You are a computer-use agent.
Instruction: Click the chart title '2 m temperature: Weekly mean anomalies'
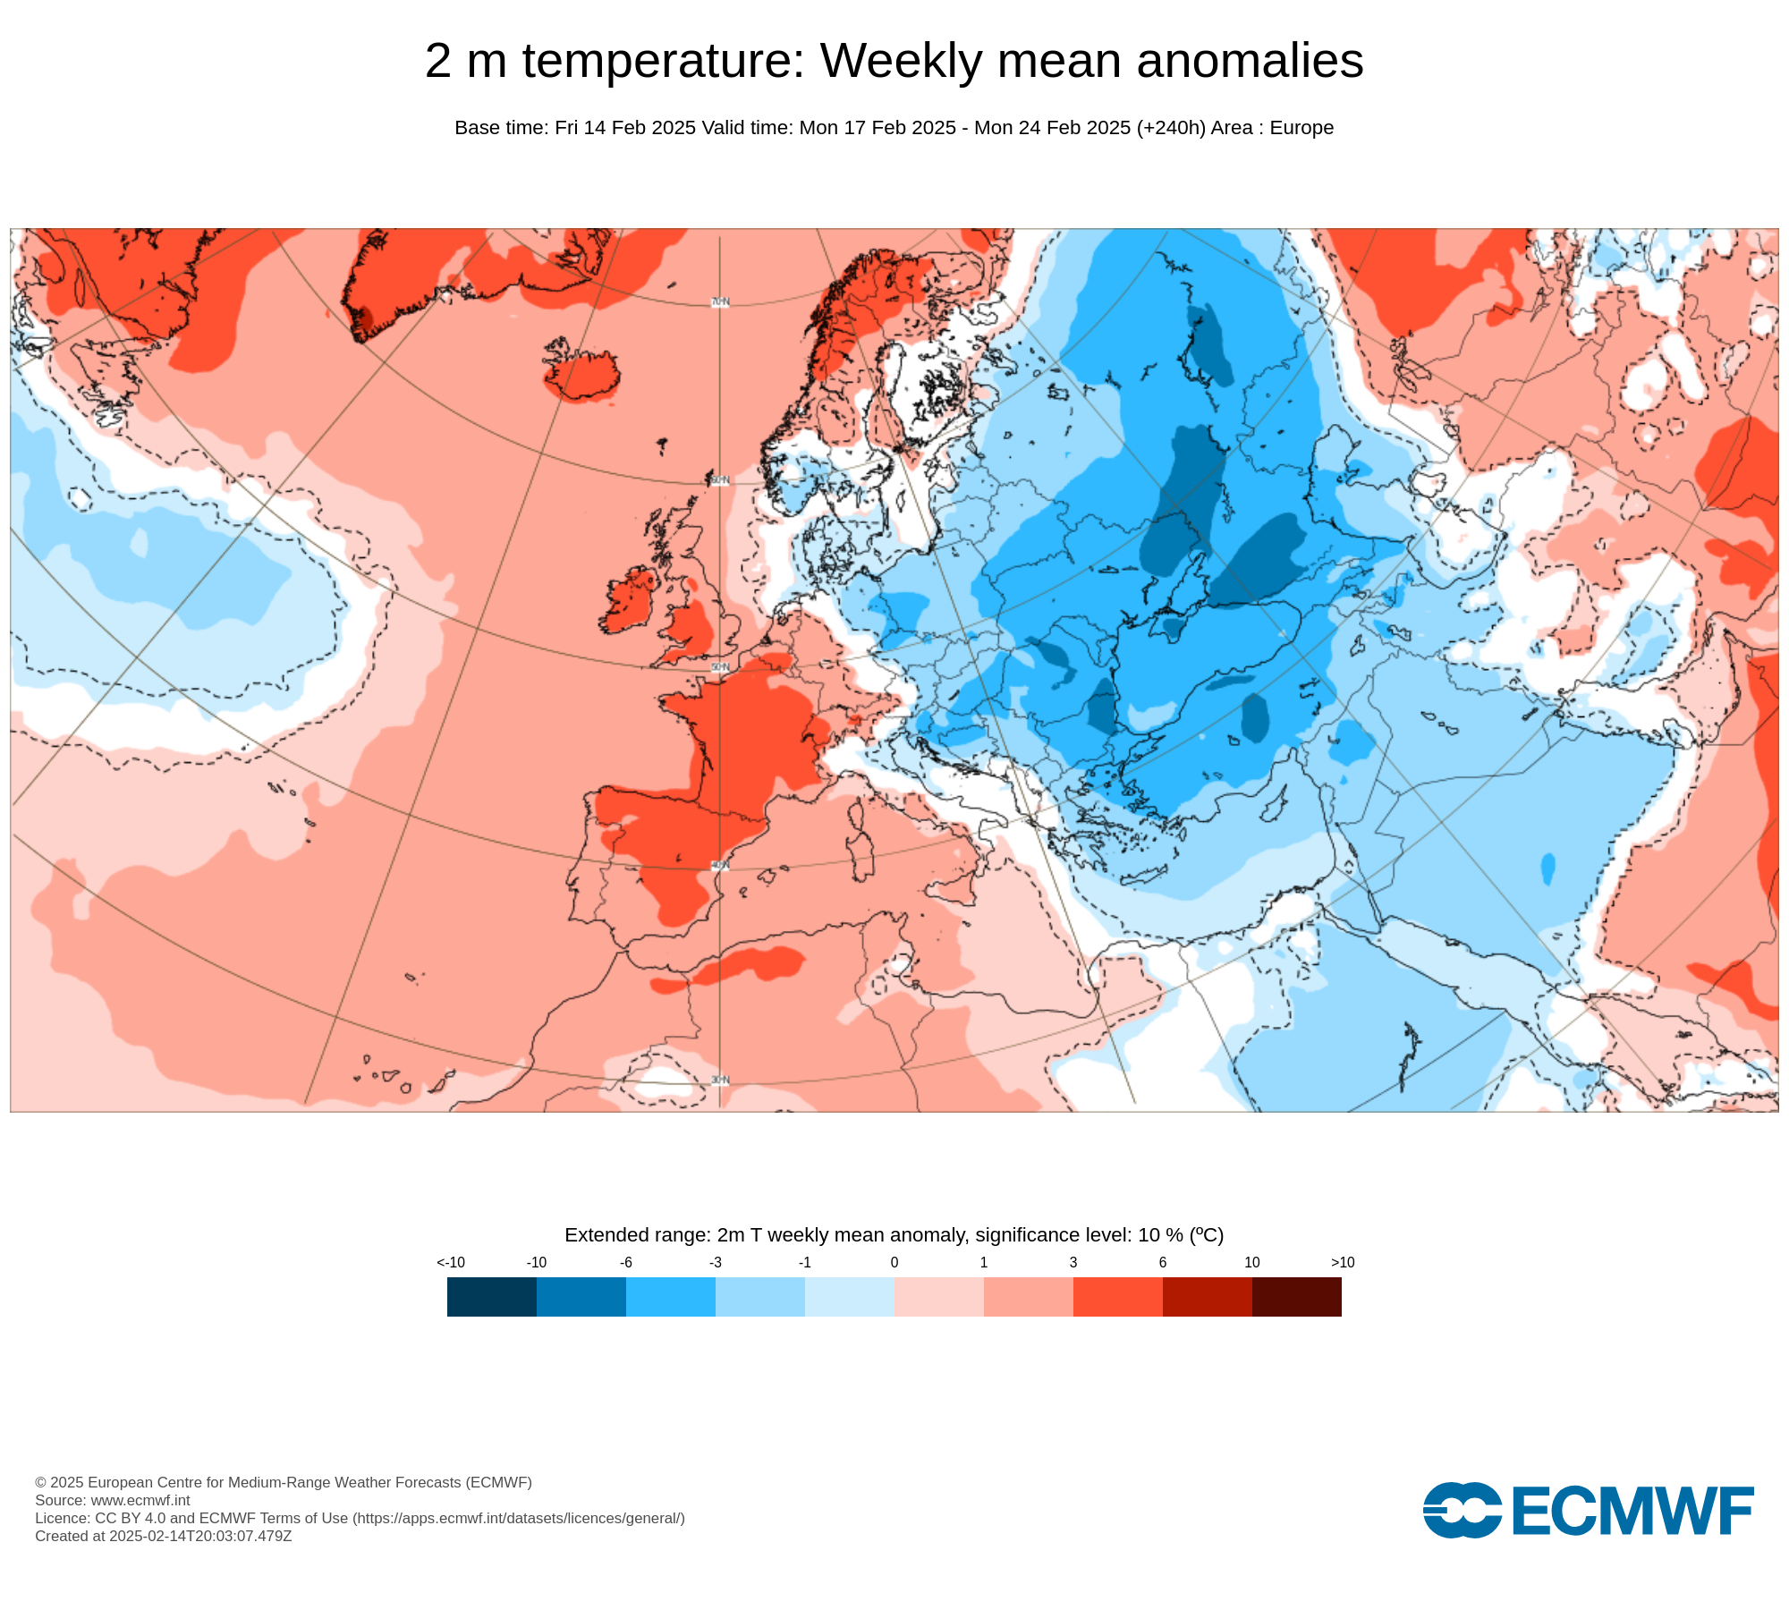(x=894, y=61)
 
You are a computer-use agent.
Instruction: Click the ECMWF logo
(x=1589, y=1511)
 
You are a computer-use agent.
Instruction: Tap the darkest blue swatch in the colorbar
(x=491, y=1297)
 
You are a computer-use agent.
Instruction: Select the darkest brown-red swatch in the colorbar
(x=1296, y=1297)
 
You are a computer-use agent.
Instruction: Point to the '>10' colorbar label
(x=1342, y=1262)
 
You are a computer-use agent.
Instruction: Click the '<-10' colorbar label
(x=451, y=1262)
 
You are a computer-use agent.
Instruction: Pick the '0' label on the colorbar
(x=894, y=1262)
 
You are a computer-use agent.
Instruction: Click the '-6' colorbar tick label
(x=626, y=1262)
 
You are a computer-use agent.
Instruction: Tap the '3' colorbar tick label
(x=1073, y=1262)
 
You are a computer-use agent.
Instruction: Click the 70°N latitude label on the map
(x=720, y=302)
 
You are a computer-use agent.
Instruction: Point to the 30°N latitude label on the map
(x=720, y=1080)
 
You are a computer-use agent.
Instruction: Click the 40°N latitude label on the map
(x=720, y=866)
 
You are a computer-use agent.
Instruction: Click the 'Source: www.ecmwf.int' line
(x=113, y=1500)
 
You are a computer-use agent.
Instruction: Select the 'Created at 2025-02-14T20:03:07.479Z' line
(x=164, y=1536)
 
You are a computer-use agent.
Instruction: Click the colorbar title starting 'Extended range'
(x=894, y=1235)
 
